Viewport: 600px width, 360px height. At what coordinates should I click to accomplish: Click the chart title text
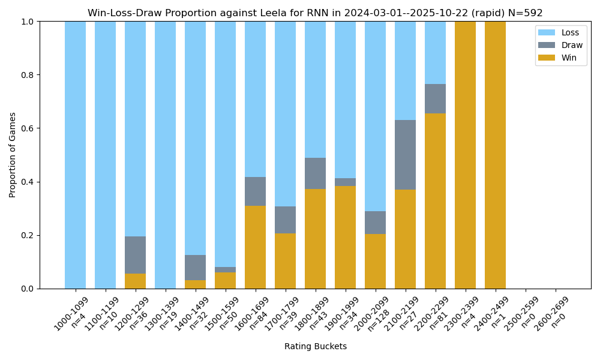315,13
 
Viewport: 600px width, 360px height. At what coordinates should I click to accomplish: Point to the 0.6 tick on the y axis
28,128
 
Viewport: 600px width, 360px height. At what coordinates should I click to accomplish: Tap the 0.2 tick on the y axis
28,235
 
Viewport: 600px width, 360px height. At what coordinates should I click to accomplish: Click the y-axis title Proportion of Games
13,155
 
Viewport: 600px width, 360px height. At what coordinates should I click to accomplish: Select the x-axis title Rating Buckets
315,346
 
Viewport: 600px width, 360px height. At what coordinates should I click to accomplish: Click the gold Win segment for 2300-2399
465,155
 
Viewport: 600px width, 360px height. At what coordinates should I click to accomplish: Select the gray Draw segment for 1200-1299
135,255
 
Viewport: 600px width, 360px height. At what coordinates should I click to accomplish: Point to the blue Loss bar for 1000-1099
75,155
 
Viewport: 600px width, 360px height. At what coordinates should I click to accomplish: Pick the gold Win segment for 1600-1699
255,247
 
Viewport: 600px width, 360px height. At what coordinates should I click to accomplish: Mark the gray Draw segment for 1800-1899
315,173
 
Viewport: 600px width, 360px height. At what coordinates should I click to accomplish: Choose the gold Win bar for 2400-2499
495,155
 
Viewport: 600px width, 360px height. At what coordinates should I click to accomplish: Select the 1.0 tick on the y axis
28,22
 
